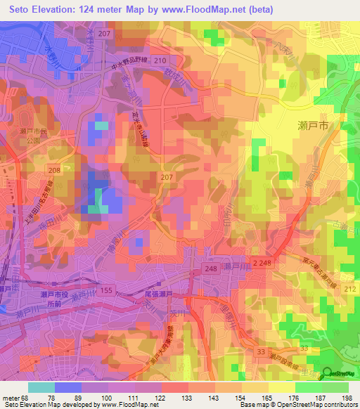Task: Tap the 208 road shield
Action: tap(55, 169)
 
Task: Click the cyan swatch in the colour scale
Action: tap(41, 387)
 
